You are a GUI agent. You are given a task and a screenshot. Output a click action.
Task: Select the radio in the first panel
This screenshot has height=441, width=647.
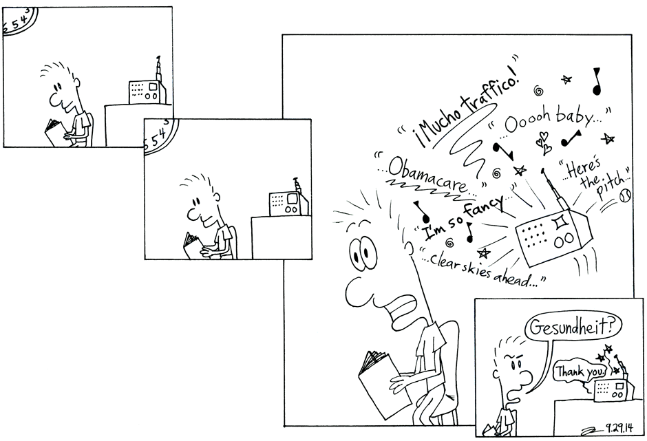coord(147,90)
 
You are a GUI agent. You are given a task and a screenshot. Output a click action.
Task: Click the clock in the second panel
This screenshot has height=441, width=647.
coord(160,136)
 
